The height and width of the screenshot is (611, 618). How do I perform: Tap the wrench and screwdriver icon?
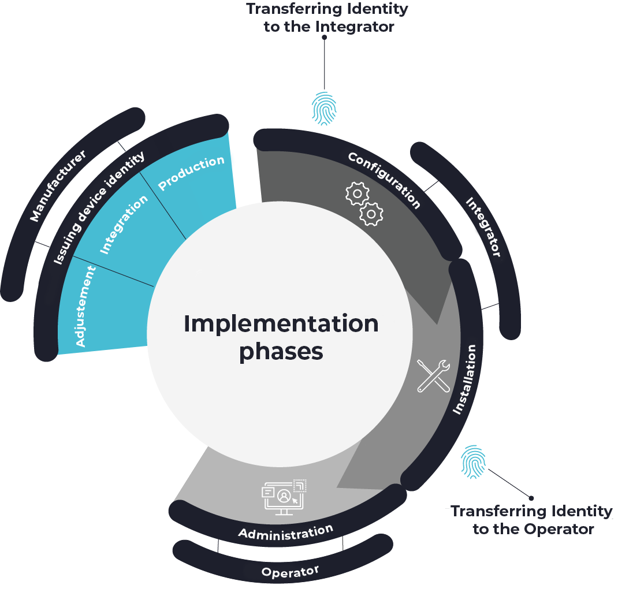tap(433, 375)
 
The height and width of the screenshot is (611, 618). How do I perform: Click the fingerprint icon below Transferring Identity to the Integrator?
tap(325, 109)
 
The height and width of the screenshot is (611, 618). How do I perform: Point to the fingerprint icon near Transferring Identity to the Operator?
tap(473, 462)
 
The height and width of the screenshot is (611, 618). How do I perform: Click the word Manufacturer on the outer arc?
tap(58, 185)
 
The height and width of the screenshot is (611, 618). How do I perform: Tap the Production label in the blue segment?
tap(191, 173)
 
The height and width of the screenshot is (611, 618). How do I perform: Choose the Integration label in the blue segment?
tap(124, 224)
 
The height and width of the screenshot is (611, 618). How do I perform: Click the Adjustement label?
tap(86, 306)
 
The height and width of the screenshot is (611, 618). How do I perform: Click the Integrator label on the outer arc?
tap(483, 227)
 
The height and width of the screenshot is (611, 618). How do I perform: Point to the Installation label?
tap(465, 379)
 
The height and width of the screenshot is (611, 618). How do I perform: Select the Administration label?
tap(286, 532)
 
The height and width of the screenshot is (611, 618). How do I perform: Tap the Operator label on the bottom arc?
tap(290, 572)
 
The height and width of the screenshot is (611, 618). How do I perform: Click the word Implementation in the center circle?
tap(281, 323)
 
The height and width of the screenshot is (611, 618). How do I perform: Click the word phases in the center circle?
tap(281, 351)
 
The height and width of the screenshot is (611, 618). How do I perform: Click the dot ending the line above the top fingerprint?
tap(325, 37)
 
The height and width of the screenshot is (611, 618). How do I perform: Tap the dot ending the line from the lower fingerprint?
tap(531, 498)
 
